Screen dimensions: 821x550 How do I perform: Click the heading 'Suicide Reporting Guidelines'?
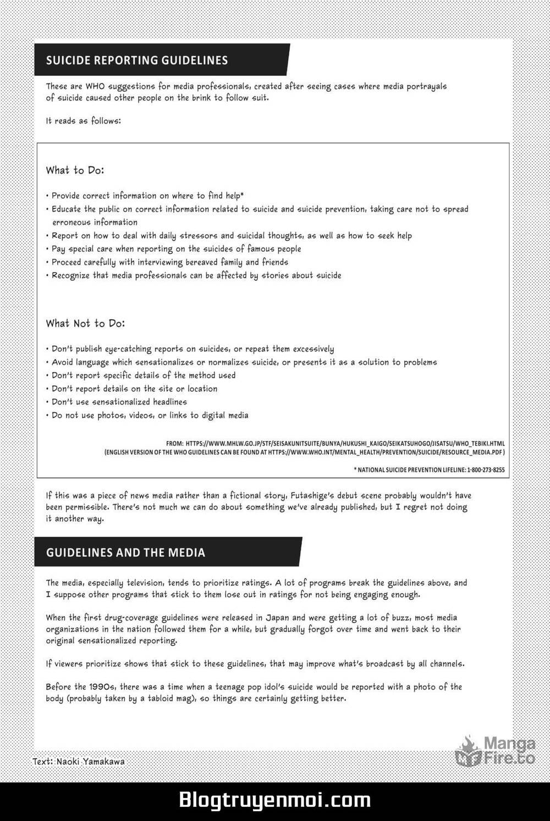point(137,60)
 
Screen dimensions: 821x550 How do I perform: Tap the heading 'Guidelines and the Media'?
point(125,552)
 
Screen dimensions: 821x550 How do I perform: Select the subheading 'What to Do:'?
point(75,170)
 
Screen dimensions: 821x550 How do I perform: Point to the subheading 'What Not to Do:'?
point(85,323)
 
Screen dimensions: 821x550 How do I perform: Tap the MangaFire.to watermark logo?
point(496,751)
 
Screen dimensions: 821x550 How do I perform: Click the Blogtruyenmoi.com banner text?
point(274,800)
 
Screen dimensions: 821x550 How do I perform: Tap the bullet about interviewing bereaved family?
point(170,262)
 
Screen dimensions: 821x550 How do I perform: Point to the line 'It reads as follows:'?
point(83,121)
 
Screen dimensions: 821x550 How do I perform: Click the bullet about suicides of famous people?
point(176,249)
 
